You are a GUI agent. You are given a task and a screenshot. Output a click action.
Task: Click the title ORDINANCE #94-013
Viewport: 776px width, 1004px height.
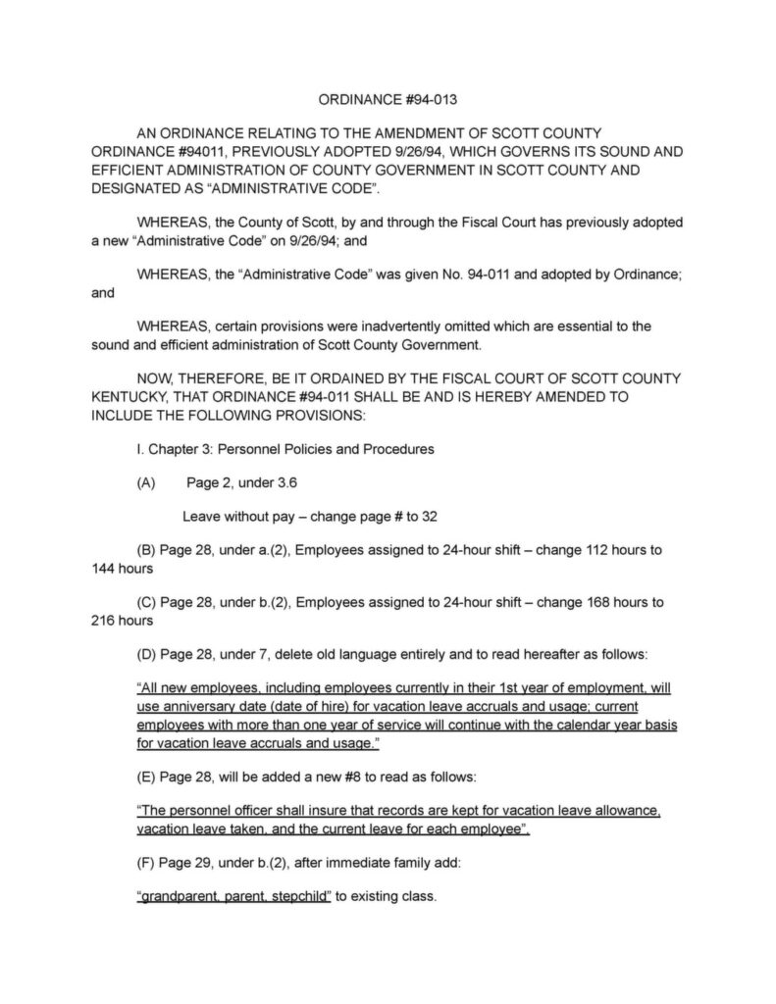388,99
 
